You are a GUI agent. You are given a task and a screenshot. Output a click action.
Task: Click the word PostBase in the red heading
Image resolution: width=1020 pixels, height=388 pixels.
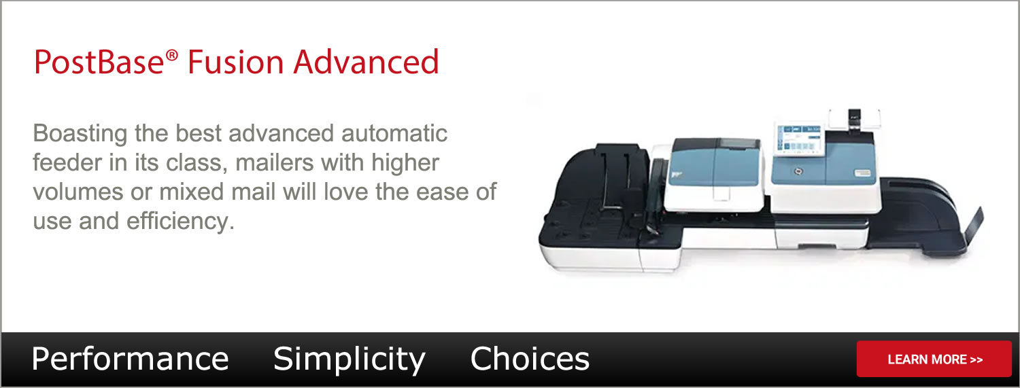[99, 62]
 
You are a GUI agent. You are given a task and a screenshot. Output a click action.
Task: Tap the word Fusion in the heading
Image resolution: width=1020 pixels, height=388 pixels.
[236, 62]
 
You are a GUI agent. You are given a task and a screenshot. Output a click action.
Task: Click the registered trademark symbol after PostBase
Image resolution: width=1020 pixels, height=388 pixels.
[171, 56]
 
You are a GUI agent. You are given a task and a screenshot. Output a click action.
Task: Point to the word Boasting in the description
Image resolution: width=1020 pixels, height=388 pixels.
[80, 134]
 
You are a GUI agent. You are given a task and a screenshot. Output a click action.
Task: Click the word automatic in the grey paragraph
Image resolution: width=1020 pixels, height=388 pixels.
[394, 133]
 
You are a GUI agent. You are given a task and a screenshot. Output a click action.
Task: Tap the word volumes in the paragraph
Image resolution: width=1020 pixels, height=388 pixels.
[78, 192]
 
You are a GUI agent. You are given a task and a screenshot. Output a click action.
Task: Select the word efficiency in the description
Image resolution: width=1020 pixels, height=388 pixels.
[180, 222]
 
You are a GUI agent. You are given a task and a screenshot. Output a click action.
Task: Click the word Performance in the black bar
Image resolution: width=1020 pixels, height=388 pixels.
[130, 359]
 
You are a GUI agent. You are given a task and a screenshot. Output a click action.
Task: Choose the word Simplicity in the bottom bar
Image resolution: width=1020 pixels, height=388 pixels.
[350, 359]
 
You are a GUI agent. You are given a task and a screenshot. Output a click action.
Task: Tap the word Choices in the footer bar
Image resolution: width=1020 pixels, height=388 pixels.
[530, 359]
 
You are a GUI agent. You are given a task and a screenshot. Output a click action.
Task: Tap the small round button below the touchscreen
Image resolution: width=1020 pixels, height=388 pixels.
[799, 171]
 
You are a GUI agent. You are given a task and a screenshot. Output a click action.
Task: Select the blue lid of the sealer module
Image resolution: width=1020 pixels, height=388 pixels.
[714, 162]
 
